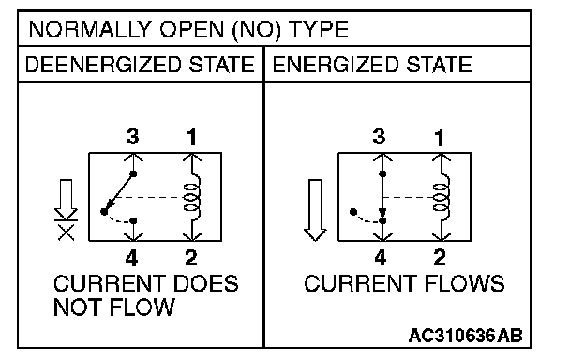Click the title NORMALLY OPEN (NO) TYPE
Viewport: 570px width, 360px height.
[x=188, y=29]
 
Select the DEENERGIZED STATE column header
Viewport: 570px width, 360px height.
[x=140, y=65]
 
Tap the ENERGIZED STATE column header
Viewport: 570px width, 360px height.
[x=372, y=65]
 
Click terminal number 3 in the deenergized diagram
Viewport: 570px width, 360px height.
[x=133, y=136]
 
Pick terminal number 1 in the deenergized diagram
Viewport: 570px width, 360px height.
[x=191, y=137]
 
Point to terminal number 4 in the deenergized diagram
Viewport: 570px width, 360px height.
[x=132, y=258]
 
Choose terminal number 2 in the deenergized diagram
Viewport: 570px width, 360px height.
[x=191, y=258]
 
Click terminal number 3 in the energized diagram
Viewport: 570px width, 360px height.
[x=379, y=136]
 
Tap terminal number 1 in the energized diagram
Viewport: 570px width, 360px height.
[x=440, y=138]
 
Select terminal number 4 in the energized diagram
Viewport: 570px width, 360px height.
[x=381, y=258]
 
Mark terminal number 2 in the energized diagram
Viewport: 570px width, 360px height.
[x=440, y=258]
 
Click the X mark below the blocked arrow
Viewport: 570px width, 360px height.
[x=67, y=232]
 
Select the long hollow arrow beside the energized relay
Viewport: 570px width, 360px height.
[x=315, y=210]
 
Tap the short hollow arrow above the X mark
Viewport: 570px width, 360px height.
[x=66, y=200]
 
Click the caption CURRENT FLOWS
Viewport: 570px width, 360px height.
[x=404, y=283]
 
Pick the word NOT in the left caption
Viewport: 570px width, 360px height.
[x=77, y=307]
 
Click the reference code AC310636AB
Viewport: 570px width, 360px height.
[x=466, y=336]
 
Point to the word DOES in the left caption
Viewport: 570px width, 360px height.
[x=206, y=283]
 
